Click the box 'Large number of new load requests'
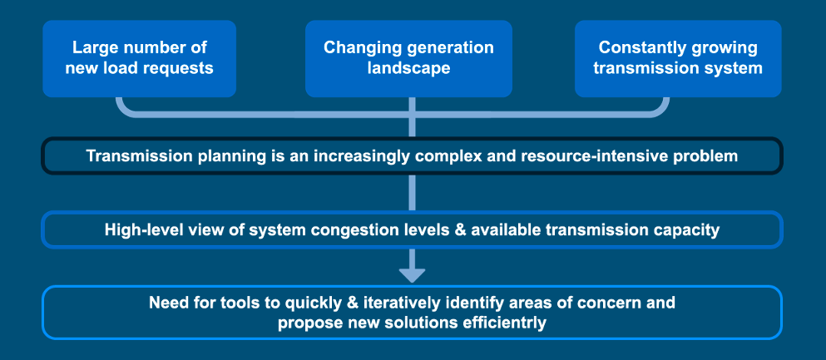tap(139, 58)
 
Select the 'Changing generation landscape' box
tap(408, 58)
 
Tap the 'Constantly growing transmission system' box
tap(678, 58)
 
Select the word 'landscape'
tap(408, 68)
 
